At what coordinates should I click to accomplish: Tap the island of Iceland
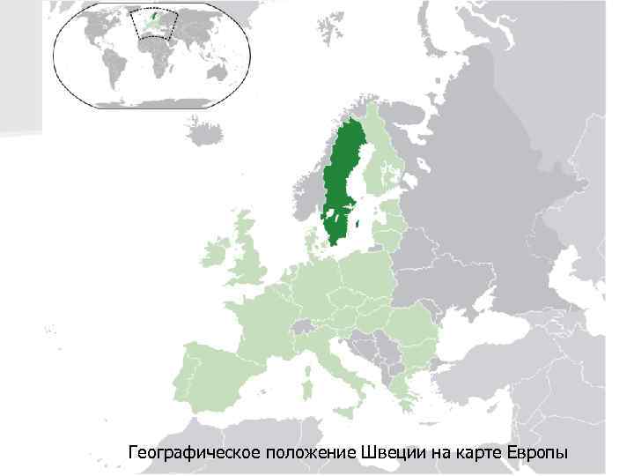204,132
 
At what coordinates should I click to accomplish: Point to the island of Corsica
306,361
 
